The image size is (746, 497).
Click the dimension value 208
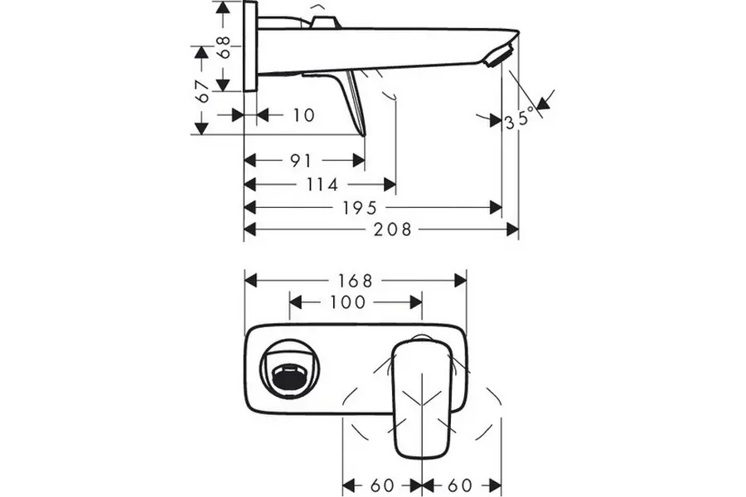pyautogui.click(x=392, y=229)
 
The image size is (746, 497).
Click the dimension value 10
pyautogui.click(x=304, y=115)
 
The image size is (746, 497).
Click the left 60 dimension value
pyautogui.click(x=382, y=484)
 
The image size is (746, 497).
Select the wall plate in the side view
pyautogui.click(x=249, y=46)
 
